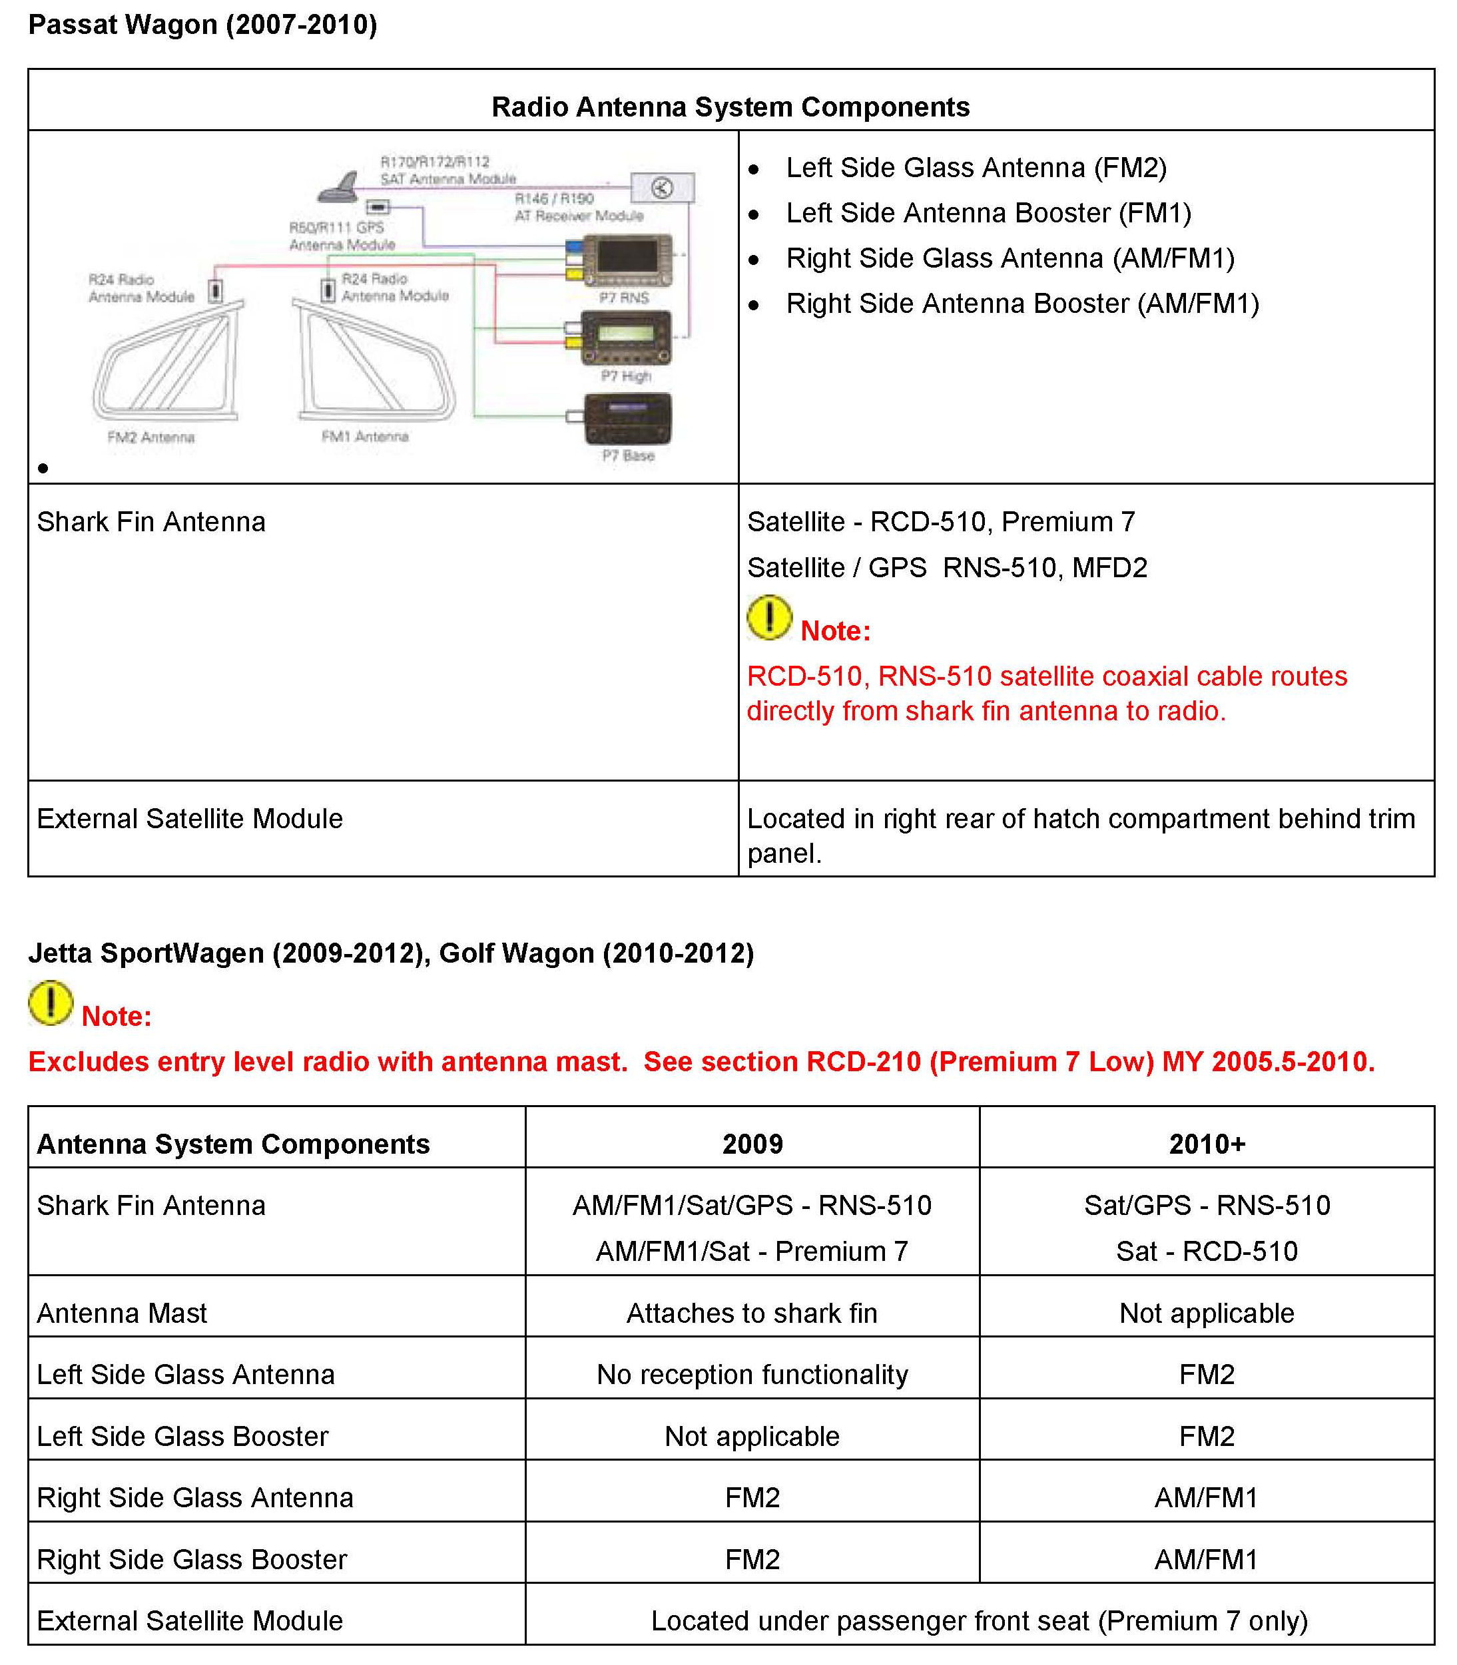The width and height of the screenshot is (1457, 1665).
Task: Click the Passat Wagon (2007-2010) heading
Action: (202, 25)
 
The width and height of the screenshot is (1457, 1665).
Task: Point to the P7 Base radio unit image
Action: (629, 419)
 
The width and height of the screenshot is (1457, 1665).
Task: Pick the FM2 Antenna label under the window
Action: (151, 437)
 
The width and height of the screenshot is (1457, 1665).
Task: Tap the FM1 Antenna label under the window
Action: (365, 437)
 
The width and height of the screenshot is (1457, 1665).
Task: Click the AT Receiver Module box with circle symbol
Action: (663, 188)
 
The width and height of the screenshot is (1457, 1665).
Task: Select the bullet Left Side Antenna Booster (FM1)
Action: (988, 213)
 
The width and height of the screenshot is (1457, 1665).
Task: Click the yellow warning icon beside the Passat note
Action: (769, 618)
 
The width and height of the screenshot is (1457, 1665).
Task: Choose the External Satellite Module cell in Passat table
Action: (189, 819)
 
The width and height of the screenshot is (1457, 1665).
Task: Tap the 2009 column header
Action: (752, 1144)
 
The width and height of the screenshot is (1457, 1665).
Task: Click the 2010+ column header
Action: (1207, 1144)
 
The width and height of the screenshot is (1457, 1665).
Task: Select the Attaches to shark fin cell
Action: (752, 1313)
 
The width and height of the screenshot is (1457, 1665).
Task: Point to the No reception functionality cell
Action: (752, 1375)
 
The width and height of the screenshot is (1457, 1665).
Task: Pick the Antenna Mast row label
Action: (122, 1313)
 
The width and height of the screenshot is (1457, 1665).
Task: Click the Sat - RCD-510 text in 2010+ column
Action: (1207, 1251)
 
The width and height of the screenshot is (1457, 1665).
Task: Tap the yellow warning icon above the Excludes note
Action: (51, 1003)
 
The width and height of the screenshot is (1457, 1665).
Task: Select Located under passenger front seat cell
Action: (979, 1620)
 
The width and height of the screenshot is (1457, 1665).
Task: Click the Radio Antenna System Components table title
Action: (730, 107)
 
